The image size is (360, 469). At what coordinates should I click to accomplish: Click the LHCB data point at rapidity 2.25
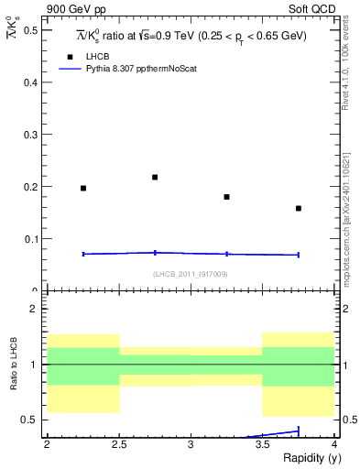point(83,188)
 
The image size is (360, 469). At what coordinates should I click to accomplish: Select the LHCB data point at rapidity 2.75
point(155,177)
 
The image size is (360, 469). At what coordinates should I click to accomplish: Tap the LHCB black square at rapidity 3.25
point(226,197)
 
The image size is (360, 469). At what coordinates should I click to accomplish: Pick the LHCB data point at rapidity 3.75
point(299,208)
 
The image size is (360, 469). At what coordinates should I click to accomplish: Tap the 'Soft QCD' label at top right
point(314,9)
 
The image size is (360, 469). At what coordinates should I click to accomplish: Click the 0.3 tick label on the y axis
point(31,135)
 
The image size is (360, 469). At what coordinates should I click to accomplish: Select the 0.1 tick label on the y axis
point(31,239)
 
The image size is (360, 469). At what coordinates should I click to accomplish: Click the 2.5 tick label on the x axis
point(118,444)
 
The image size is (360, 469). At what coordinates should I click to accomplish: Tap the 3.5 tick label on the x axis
point(262,444)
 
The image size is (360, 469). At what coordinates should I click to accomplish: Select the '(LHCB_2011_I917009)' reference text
point(191,273)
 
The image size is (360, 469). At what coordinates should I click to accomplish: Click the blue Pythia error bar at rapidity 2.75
point(155,252)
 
